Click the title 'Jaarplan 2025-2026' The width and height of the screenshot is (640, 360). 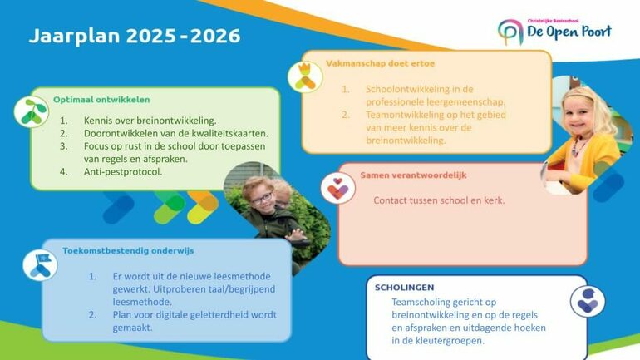pos(135,37)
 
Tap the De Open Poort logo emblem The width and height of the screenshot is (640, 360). pos(509,32)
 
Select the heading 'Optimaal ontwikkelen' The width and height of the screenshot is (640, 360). pos(96,99)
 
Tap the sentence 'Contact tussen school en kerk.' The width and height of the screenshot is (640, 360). pos(439,200)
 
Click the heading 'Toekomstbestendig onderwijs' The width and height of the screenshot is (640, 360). pos(129,249)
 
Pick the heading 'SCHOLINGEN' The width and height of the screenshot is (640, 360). pos(404,287)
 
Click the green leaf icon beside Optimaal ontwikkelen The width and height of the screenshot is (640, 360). pos(34,112)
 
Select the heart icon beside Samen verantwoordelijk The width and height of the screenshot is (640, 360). pos(337,187)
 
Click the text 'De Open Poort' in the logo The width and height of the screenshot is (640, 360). pos(569,32)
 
